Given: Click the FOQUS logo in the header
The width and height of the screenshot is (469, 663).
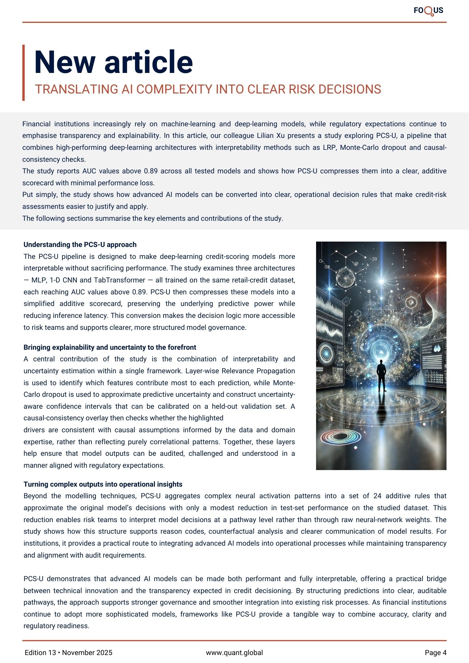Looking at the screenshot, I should [428, 11].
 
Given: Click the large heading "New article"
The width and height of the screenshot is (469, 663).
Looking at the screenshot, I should [113, 62].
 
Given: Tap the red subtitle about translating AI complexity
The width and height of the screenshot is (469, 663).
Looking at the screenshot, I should [208, 90].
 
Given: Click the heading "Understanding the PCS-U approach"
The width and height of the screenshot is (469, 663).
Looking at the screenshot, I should [80, 245].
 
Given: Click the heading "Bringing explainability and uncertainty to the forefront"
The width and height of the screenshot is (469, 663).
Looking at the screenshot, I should [110, 347].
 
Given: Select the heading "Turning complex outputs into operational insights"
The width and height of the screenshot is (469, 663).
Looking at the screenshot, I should [103, 484].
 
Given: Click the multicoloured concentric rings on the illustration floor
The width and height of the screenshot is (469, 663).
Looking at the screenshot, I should [340, 438].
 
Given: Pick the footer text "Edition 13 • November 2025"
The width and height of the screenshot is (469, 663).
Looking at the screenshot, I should [69, 653].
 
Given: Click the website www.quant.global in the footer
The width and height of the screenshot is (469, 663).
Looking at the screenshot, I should [234, 653].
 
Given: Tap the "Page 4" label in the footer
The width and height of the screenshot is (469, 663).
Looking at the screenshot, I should [435, 653].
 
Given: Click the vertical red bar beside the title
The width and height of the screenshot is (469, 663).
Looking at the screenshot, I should [24, 73].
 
